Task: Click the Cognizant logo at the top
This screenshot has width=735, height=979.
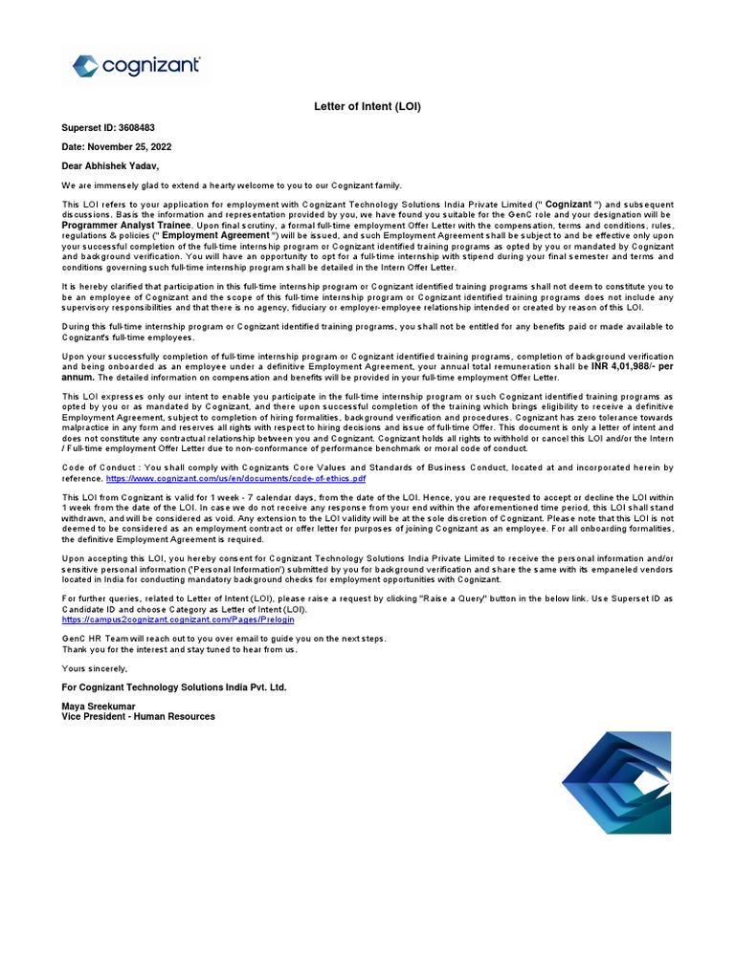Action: [137, 66]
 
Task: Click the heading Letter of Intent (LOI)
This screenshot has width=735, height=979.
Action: [367, 106]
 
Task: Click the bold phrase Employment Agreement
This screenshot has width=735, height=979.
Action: [215, 235]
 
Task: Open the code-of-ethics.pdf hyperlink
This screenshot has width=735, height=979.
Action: [235, 477]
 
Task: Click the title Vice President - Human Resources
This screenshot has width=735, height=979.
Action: [139, 716]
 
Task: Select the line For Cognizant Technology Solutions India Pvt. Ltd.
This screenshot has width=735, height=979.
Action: [173, 686]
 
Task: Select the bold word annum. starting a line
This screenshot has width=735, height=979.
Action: [79, 378]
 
